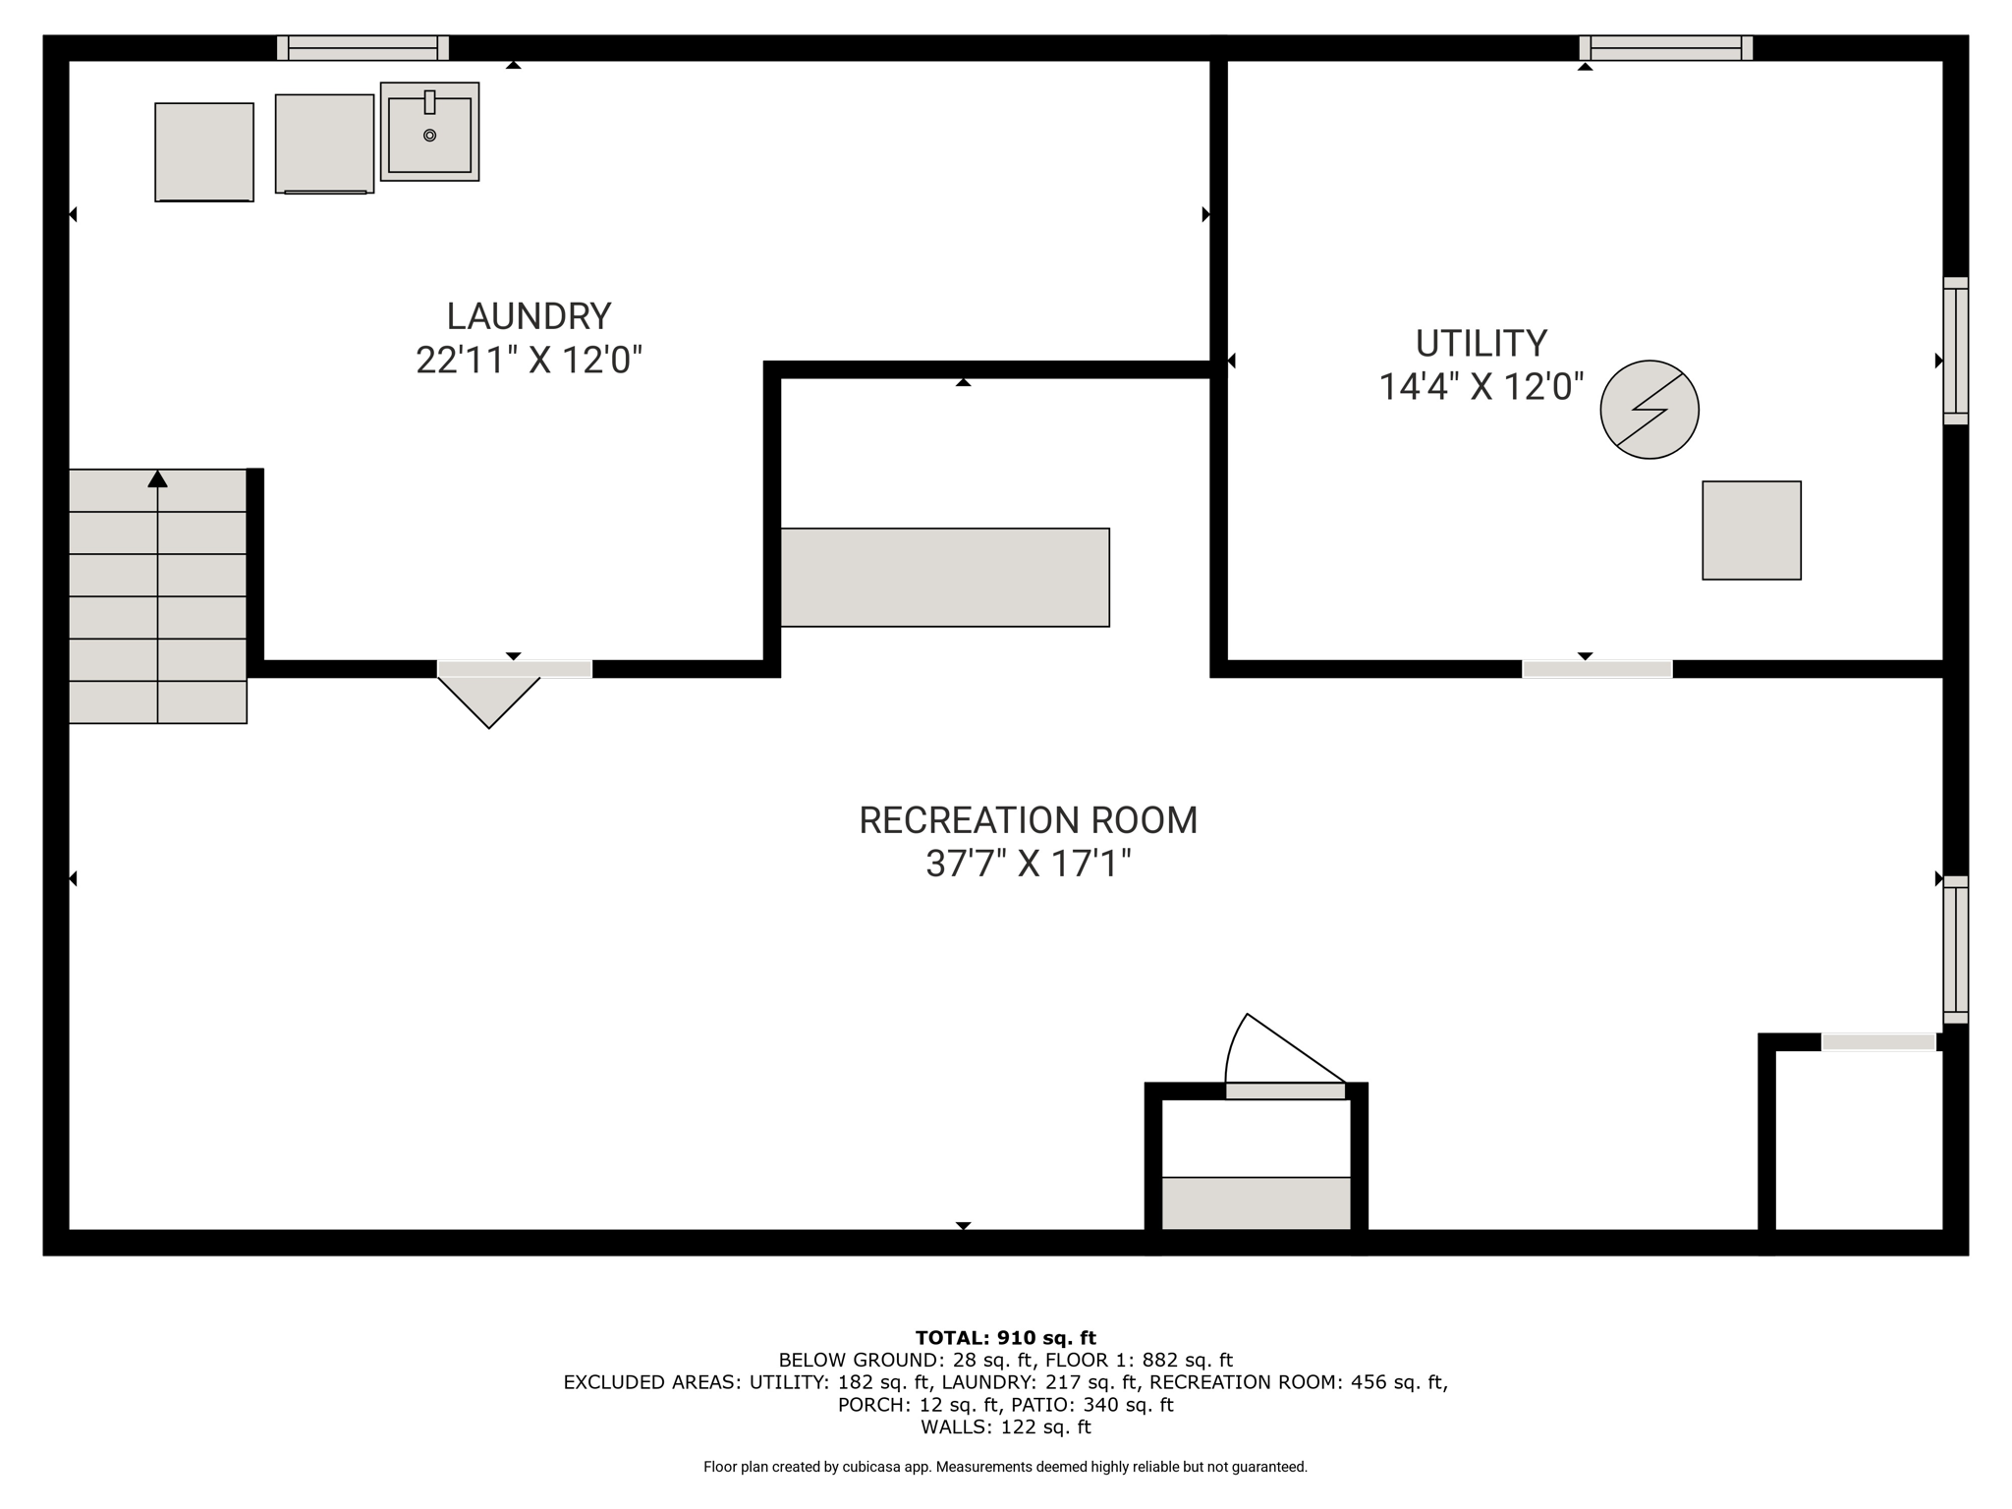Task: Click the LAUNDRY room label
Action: [x=529, y=316]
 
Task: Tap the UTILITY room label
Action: [x=1481, y=344]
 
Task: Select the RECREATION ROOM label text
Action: [x=1029, y=820]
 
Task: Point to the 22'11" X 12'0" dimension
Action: [x=529, y=360]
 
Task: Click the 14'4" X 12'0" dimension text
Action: [x=1481, y=386]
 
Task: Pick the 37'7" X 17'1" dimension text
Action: [x=1029, y=864]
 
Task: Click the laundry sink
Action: [x=429, y=132]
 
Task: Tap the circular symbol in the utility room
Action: [x=1649, y=410]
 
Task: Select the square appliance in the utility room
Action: [x=1752, y=531]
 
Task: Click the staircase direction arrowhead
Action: [x=157, y=478]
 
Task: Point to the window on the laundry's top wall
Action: [x=363, y=48]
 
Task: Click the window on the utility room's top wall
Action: [x=1666, y=48]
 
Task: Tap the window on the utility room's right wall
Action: [x=1956, y=351]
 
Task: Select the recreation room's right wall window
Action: [x=1956, y=950]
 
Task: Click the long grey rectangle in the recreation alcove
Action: [x=945, y=578]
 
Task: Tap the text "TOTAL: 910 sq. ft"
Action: [x=1005, y=1337]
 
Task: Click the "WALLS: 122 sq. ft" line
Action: [x=1005, y=1427]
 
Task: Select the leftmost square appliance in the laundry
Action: [x=204, y=152]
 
